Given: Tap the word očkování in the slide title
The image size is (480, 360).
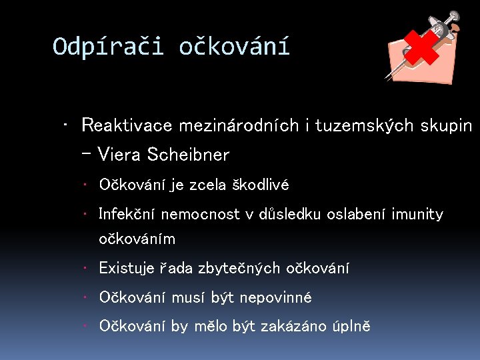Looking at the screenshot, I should click(x=234, y=47).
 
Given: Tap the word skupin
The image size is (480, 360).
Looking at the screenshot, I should click(x=447, y=125).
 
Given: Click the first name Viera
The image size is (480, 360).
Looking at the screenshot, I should click(x=119, y=155).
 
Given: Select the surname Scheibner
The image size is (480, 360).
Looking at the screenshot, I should click(x=187, y=155).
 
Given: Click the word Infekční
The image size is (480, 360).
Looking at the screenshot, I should click(x=125, y=214).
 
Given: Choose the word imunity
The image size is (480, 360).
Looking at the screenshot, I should click(x=419, y=214).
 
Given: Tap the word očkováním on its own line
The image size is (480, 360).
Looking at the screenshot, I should click(x=137, y=239).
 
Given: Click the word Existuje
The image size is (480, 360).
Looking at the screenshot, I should click(x=126, y=268).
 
